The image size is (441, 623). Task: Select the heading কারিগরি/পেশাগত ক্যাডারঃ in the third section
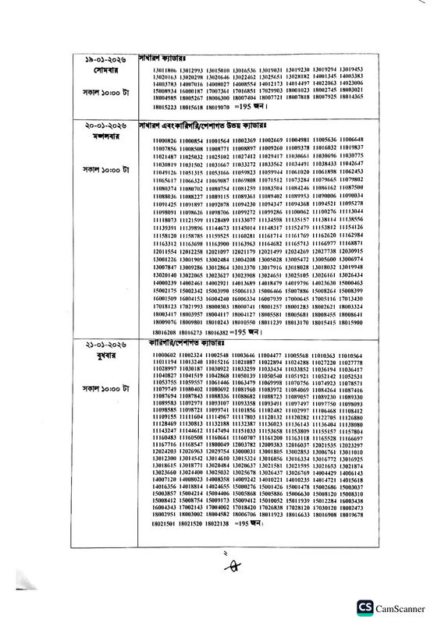point(179,344)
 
